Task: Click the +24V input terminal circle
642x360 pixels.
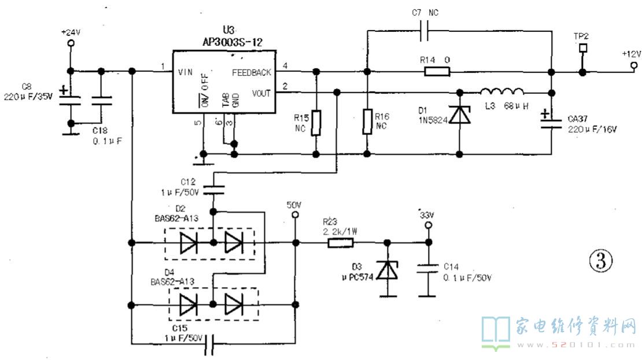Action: [71, 43]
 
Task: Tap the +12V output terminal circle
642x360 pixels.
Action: [634, 65]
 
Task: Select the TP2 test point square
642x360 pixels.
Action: [583, 48]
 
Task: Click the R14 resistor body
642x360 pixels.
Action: [437, 72]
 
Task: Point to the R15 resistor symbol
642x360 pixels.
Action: [316, 123]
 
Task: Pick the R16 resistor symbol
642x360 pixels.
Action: [367, 122]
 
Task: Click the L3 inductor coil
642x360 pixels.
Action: [501, 92]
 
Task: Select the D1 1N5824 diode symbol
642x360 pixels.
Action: [459, 115]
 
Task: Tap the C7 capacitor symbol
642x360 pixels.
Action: [424, 31]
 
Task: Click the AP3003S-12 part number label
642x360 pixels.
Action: [232, 42]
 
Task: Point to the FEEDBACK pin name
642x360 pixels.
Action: [252, 72]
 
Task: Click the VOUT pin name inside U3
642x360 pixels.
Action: [261, 93]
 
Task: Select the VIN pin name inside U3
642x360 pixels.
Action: [185, 72]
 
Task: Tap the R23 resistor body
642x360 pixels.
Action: [340, 243]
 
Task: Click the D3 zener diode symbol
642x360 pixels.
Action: [387, 270]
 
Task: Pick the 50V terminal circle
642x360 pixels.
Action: [295, 215]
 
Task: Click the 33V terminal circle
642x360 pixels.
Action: [428, 225]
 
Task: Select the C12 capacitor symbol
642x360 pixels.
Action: [213, 189]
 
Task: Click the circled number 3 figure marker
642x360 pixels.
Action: [601, 260]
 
